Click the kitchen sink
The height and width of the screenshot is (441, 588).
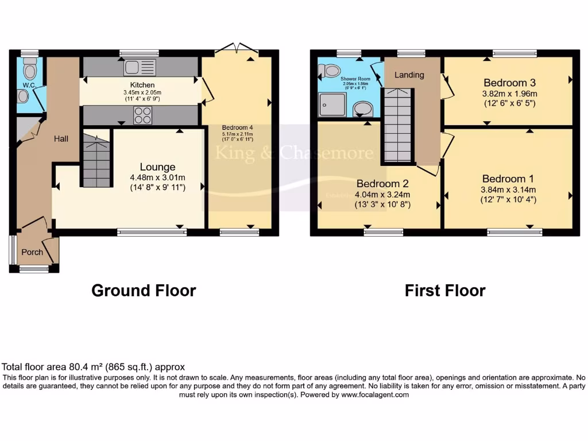pos(140,67)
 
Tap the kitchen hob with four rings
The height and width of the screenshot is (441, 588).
pos(143,115)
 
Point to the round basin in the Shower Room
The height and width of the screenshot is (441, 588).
pos(362,108)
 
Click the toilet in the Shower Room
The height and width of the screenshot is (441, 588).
pos(330,71)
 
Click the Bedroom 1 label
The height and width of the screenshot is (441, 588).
pos(504,179)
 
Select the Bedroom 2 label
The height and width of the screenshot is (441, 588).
pos(382,184)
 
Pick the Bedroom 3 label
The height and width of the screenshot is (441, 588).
pos(505,82)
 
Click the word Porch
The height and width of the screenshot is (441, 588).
pos(32,252)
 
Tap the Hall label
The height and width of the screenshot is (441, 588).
pos(61,138)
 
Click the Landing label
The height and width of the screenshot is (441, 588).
pos(409,75)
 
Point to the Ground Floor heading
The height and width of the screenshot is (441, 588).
pos(144,291)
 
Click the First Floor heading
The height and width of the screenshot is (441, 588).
pos(445,291)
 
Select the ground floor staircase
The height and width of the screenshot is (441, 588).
pos(96,161)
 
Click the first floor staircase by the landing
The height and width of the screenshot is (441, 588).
pos(397,125)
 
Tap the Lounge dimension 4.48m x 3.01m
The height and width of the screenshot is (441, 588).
pos(157,177)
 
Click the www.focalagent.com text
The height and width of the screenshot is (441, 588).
pos(375,395)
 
